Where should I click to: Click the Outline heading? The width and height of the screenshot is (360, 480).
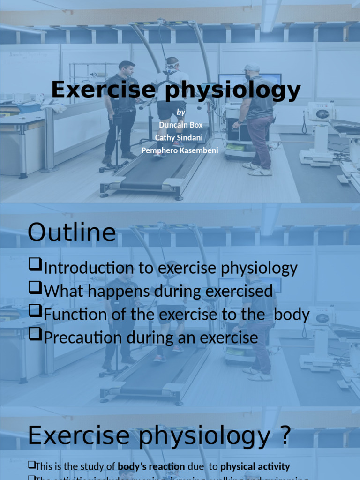pyautogui.click(x=72, y=233)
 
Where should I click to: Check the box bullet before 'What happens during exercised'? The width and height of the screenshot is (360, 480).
pyautogui.click(x=35, y=289)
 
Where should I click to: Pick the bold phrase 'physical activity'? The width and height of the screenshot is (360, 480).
pyautogui.click(x=255, y=467)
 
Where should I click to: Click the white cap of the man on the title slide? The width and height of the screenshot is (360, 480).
pyautogui.click(x=252, y=67)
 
